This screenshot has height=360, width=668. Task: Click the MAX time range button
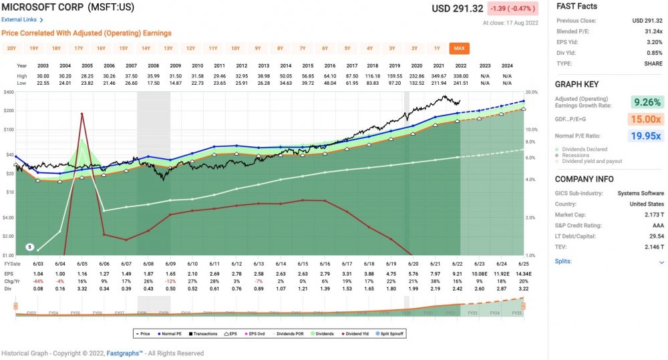459,48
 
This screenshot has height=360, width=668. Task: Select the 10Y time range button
235,48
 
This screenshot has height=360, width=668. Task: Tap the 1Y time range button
437,48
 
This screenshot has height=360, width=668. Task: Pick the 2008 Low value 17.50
153,83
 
